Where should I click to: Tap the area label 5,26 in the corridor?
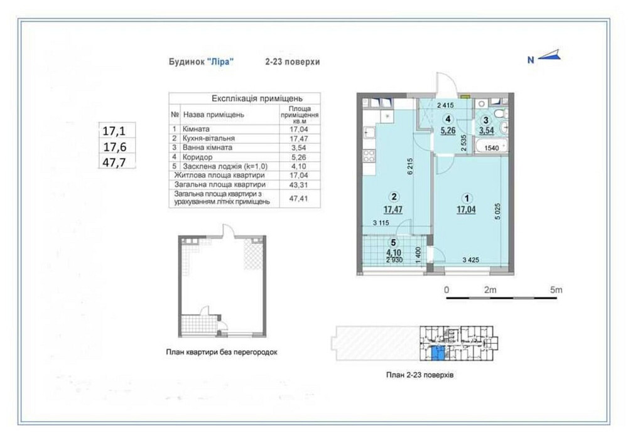(448, 131)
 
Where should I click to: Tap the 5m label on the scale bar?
(555, 290)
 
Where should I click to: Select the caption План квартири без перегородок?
(222, 352)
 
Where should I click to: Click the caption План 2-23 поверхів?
(419, 374)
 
